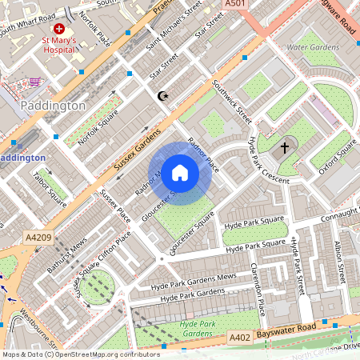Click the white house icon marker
[x=180, y=173]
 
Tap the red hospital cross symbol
[x=59, y=28]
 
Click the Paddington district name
[x=53, y=105]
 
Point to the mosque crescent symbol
[x=163, y=96]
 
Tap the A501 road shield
[x=234, y=5]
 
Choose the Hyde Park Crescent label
[x=268, y=161]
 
